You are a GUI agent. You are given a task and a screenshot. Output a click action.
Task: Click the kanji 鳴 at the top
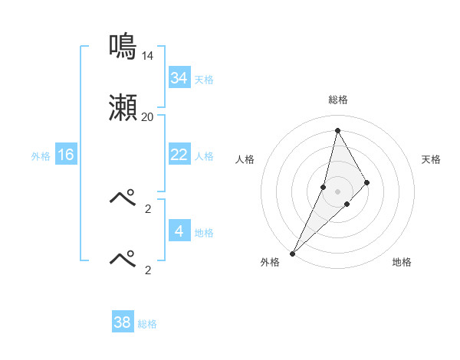coord(123,46)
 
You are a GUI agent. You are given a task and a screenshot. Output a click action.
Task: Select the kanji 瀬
coord(123,108)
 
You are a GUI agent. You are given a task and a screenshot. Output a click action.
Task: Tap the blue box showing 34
coord(179,78)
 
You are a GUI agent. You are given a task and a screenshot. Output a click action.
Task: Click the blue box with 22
coord(179,155)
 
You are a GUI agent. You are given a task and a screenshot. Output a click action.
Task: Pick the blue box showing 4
coord(179,231)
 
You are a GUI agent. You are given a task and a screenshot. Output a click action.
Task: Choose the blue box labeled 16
coord(66,155)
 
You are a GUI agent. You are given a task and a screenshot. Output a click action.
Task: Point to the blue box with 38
coord(123,322)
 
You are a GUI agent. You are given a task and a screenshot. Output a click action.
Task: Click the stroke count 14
coord(147,56)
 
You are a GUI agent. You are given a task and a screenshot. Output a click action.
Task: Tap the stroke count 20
coord(147,117)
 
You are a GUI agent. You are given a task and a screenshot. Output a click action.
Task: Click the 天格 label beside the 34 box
coord(204,79)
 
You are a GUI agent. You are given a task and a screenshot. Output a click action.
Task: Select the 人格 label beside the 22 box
coord(204,155)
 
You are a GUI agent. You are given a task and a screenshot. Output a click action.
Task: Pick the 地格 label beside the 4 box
coord(204,232)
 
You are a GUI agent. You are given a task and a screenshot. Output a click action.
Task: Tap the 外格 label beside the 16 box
coord(41,155)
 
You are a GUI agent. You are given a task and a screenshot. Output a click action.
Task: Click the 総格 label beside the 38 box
coord(147,324)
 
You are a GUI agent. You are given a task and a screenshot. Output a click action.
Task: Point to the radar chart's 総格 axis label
coord(338,100)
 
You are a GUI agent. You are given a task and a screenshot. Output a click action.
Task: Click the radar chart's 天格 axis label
coord(432,159)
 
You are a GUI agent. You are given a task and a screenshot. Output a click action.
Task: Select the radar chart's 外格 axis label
coord(270,262)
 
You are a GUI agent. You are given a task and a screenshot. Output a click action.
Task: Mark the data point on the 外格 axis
coord(293,253)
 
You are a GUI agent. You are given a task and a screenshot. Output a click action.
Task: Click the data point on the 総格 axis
coord(337,130)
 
